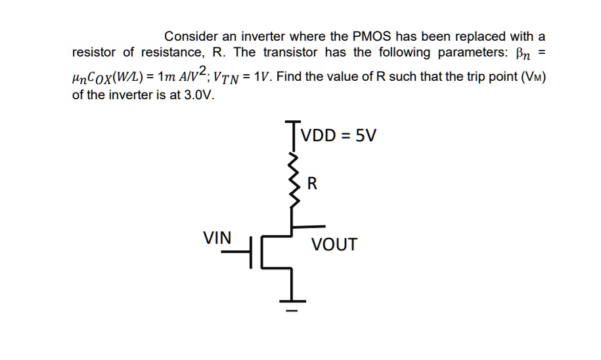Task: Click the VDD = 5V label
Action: pyautogui.click(x=340, y=136)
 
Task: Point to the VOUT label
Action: pyautogui.click(x=334, y=245)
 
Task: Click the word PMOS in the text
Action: pyautogui.click(x=372, y=35)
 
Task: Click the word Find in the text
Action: pyautogui.click(x=291, y=76)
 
